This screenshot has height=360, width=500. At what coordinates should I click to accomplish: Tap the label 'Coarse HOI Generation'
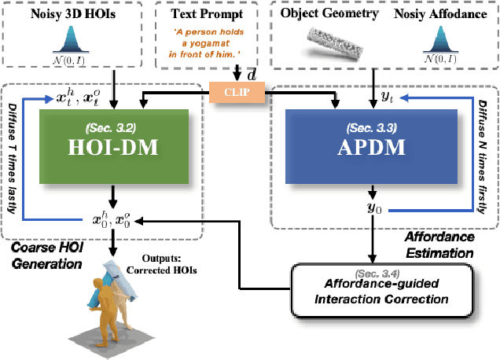(47, 256)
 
